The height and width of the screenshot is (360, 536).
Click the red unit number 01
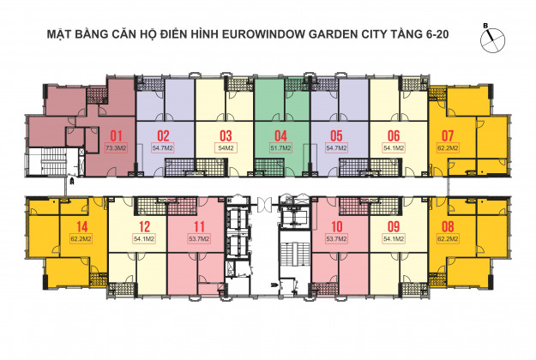(116, 136)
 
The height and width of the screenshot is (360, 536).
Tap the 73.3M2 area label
(117, 148)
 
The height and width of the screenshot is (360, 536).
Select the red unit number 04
(281, 136)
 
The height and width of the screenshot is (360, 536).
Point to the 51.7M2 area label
(281, 148)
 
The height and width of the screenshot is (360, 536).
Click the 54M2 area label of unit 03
(226, 148)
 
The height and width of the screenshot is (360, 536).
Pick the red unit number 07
(448, 136)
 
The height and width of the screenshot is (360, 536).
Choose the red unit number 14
(82, 227)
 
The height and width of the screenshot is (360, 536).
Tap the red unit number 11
(199, 227)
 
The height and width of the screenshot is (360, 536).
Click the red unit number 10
(337, 227)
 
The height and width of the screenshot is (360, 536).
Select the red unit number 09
(394, 227)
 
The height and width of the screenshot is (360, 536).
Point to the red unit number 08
(448, 227)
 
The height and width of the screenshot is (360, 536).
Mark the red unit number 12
(144, 227)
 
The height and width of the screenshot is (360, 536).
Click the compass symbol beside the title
(492, 39)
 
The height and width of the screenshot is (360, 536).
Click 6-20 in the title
(437, 34)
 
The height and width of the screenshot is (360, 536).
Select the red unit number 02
(163, 136)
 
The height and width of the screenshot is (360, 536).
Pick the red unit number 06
(394, 136)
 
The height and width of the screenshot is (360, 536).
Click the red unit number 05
(336, 136)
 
